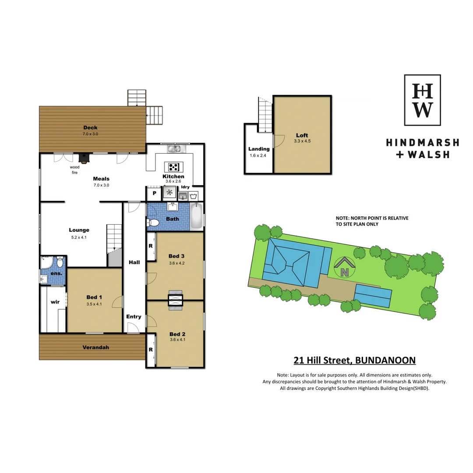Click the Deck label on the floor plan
click(90, 127)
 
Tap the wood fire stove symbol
click(83, 158)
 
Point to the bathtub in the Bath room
click(197, 216)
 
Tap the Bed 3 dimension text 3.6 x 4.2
click(176, 263)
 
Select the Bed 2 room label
click(176, 333)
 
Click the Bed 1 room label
click(94, 297)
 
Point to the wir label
click(55, 302)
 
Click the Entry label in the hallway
click(134, 317)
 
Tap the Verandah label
click(95, 347)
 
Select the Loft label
click(302, 135)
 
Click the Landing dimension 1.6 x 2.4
click(258, 155)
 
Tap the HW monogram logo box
click(422, 100)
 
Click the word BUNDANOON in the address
click(385, 360)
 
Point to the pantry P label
click(154, 193)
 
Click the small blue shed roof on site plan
click(373, 295)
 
